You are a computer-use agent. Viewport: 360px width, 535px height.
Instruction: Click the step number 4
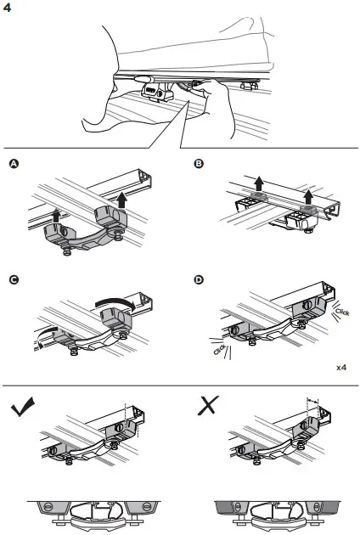click(8, 8)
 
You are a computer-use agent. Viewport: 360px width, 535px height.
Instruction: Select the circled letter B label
click(198, 163)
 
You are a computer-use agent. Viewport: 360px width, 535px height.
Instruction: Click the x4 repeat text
click(340, 369)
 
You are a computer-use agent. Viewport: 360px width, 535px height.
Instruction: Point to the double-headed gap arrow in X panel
click(312, 398)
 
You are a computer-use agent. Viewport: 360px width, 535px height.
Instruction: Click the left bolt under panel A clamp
click(64, 248)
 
